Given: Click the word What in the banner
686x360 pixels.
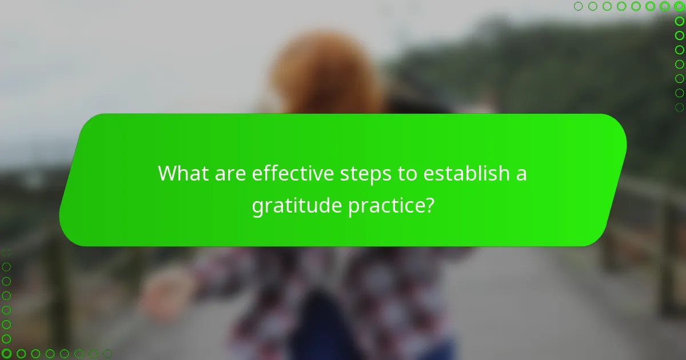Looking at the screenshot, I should click(x=182, y=173).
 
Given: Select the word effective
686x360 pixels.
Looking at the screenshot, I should click(x=289, y=173).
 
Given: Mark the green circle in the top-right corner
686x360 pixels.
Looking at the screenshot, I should click(x=680, y=7).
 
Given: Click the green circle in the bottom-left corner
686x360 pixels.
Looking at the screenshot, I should click(x=6, y=353).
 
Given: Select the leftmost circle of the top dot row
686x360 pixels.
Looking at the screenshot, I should click(x=578, y=7).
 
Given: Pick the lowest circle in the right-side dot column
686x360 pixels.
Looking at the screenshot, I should click(x=680, y=107).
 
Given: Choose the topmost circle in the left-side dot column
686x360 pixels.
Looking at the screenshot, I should click(x=6, y=252).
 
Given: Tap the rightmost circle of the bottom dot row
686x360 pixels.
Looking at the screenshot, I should click(x=107, y=353).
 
